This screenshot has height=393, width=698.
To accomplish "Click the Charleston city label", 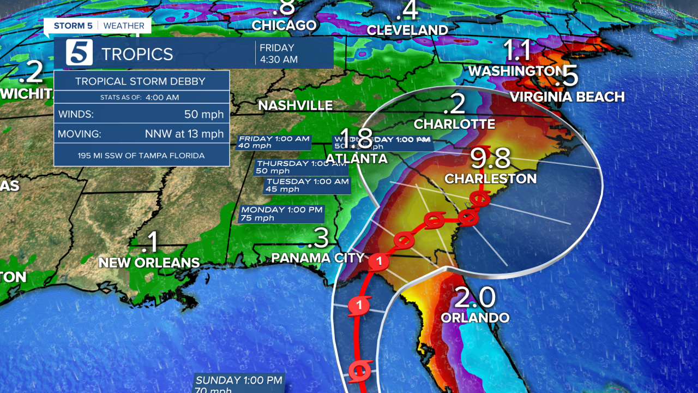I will [490, 178].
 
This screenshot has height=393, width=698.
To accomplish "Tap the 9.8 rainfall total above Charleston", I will [491, 158].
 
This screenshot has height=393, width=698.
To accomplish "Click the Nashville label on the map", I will [295, 105].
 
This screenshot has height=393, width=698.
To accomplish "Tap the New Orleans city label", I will [149, 263].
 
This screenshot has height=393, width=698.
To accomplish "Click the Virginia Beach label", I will [567, 97].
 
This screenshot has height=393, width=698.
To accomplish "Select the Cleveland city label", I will [407, 30].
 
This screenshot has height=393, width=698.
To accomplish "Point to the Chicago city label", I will [284, 25].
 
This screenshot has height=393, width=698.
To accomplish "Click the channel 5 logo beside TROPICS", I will [79, 53].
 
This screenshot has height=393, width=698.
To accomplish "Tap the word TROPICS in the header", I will [137, 54].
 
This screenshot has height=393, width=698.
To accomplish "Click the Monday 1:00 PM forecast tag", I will [282, 213].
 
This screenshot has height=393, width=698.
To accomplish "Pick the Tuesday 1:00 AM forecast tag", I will [307, 185].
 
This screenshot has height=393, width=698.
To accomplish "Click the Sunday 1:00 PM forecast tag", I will [239, 383].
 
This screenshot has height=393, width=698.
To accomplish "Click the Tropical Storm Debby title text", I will [140, 82].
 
